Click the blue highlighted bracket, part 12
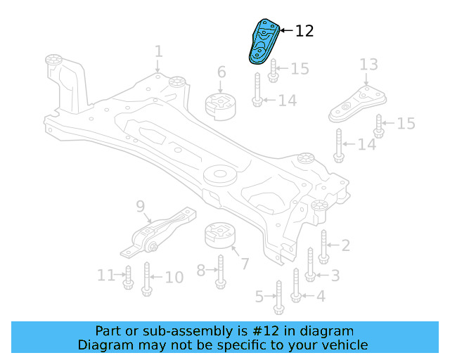(264, 42)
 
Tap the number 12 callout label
(304, 31)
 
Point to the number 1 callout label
(158, 51)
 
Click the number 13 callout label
(369, 65)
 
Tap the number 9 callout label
(140, 206)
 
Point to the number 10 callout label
(173, 277)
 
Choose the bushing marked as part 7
(219, 237)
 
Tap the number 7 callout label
(244, 264)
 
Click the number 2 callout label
(345, 245)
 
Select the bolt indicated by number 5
(278, 297)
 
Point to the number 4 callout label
(321, 296)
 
